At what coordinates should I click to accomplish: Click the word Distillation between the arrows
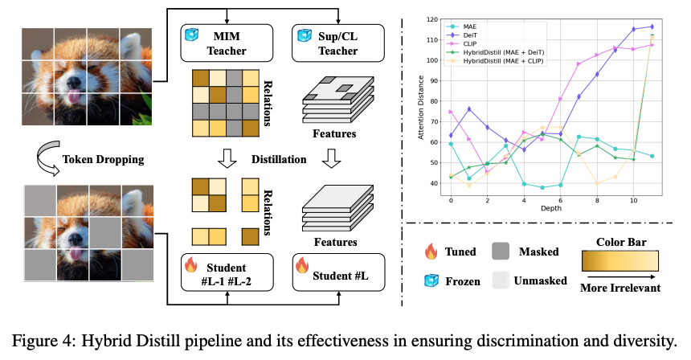pyautogui.click(x=280, y=159)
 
